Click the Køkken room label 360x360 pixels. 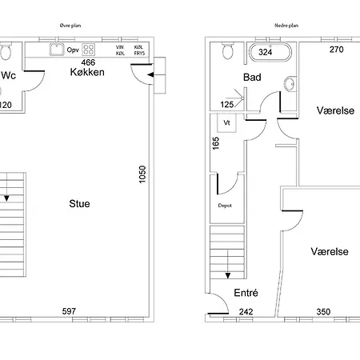pos(87,72)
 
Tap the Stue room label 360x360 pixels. pos(79,204)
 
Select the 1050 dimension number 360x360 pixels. pos(142,174)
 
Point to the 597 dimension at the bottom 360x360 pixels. pos(69,311)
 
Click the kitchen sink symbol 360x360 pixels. pos(57,50)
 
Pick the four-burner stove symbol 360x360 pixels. pos(89,50)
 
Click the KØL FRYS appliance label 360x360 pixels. pos(139,50)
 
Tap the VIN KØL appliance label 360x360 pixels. pos(120,50)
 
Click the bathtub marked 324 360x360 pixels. pos(270,52)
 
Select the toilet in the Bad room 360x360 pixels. pos(227,50)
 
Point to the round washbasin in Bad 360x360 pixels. pos(290,84)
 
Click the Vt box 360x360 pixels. pos(226,123)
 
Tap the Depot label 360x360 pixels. pos(225,206)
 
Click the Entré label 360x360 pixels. pos(246,293)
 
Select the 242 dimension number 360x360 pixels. pos(246,312)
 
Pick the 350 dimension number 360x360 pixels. pos(323,312)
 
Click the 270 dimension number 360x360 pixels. pos(337,50)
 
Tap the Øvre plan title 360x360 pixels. pos(70,26)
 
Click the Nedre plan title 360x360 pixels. pos(286,26)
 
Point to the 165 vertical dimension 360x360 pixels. pos(216,143)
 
